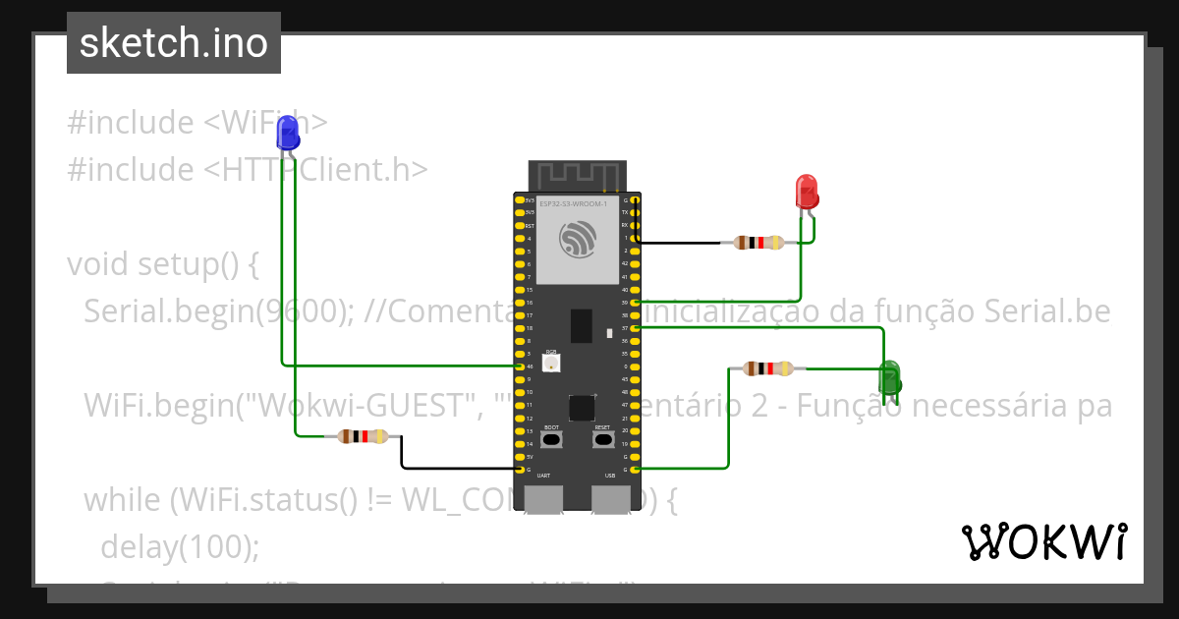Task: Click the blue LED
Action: pyautogui.click(x=288, y=132)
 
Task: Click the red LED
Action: pyautogui.click(x=806, y=191)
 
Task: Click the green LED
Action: pyautogui.click(x=889, y=379)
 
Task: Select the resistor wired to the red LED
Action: pyautogui.click(x=758, y=243)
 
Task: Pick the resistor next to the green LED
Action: pyautogui.click(x=768, y=368)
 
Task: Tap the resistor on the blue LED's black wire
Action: pyautogui.click(x=363, y=437)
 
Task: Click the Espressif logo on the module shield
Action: pyautogui.click(x=577, y=239)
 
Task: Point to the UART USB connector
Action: pyautogui.click(x=544, y=498)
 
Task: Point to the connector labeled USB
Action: pyautogui.click(x=610, y=498)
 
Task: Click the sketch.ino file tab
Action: pyautogui.click(x=174, y=43)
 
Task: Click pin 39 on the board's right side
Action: pyautogui.click(x=636, y=303)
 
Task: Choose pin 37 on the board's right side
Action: pyautogui.click(x=636, y=328)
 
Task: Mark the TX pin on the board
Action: pyautogui.click(x=636, y=212)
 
